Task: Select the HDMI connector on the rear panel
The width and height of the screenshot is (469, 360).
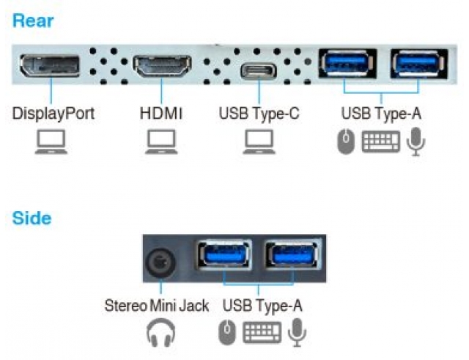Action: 162,67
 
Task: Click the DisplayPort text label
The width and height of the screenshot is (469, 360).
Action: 53,114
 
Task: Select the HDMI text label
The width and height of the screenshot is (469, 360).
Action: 160,114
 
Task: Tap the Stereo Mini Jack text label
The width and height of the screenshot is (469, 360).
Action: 156,305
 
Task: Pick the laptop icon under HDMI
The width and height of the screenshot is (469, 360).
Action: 160,142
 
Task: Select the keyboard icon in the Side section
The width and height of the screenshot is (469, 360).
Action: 262,333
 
